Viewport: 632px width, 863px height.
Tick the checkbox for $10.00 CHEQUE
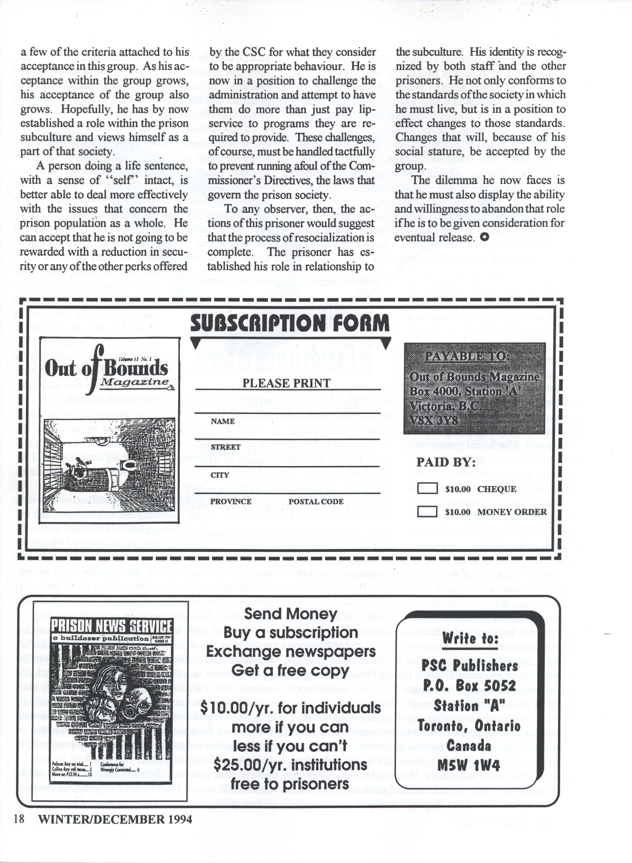click(427, 489)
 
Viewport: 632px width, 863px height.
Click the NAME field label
click(223, 421)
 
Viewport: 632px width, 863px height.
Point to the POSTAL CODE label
click(316, 501)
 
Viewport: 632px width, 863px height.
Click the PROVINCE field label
click(231, 501)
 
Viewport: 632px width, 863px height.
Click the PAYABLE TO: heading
click(467, 356)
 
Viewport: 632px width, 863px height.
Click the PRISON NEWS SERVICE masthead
click(111, 627)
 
